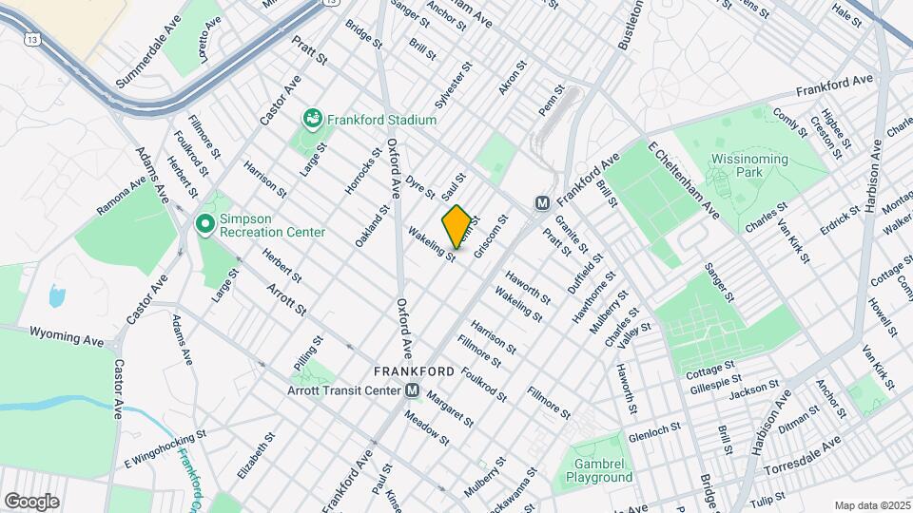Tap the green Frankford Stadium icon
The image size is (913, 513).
point(311,120)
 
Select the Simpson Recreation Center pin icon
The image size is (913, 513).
point(204,225)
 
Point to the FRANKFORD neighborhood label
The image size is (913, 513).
point(413,370)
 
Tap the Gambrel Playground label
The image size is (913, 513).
point(602,470)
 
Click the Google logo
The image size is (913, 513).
point(31,501)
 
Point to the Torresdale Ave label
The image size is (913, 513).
point(805,452)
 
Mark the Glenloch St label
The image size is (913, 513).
point(654,437)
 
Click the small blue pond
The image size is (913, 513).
point(56,296)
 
